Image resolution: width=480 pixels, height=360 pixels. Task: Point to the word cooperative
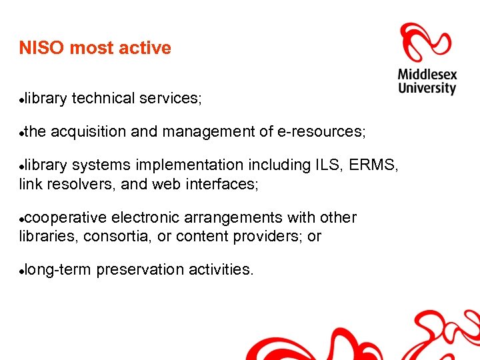coord(66,217)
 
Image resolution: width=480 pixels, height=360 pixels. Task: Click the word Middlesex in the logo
coord(427,73)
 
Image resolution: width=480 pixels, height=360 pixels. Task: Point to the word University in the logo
coord(427,88)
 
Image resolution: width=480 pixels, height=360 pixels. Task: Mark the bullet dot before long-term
coord(22,271)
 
